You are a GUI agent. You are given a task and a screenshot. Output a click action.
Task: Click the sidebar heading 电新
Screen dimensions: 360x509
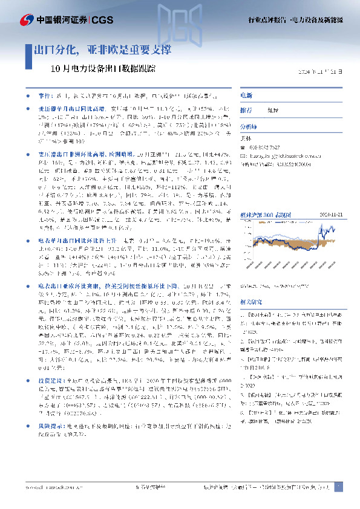(246, 96)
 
